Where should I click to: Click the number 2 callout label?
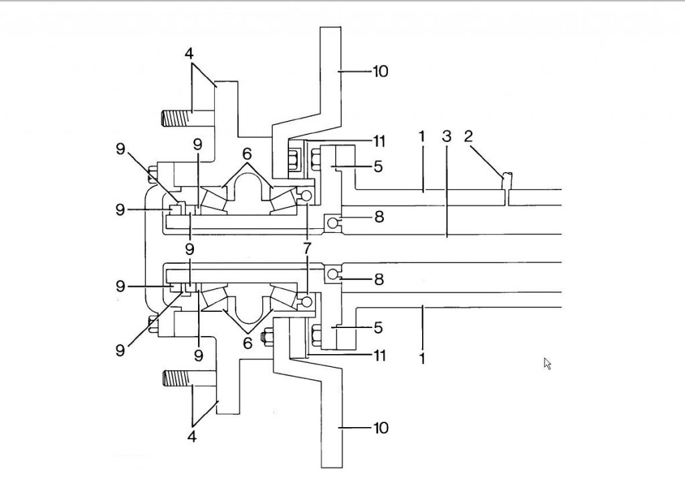click(x=468, y=137)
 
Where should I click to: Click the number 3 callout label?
click(x=446, y=137)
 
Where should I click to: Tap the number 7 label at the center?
click(x=307, y=249)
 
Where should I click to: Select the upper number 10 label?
click(x=380, y=71)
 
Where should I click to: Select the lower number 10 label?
click(x=380, y=427)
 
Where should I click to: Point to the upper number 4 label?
click(x=189, y=54)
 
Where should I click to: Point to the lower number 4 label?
click(x=192, y=436)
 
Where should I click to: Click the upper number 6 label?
click(x=248, y=153)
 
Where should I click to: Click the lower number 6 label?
click(x=248, y=343)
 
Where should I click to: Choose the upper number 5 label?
click(x=379, y=167)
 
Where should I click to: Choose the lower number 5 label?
click(x=379, y=327)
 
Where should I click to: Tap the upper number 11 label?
click(x=379, y=141)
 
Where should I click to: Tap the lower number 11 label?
click(x=379, y=355)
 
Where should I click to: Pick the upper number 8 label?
click(x=379, y=216)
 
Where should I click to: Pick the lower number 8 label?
click(x=379, y=279)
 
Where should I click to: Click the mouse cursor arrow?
click(x=547, y=364)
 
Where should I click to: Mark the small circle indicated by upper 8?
click(x=332, y=223)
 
